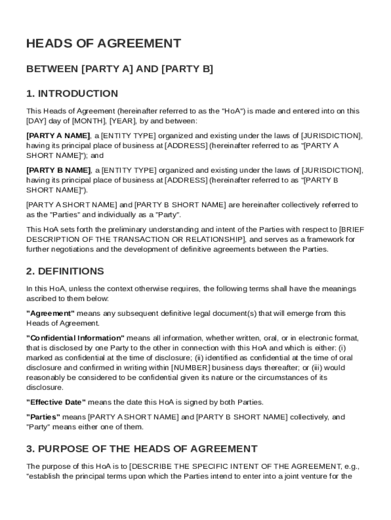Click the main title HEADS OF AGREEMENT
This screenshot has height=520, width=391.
tap(104, 44)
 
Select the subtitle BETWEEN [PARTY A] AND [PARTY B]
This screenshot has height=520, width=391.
tap(119, 69)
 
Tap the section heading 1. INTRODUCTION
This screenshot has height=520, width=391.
tap(72, 93)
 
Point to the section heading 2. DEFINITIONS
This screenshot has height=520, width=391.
tap(65, 271)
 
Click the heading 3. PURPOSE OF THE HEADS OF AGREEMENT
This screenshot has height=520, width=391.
tap(142, 449)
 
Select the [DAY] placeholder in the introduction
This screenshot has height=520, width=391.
tap(36, 121)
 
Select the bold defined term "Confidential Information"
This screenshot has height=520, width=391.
tap(75, 338)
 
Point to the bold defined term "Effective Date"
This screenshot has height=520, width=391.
tap(56, 402)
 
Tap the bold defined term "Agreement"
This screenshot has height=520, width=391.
tap(50, 313)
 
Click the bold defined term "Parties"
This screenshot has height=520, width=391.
tap(43, 417)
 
